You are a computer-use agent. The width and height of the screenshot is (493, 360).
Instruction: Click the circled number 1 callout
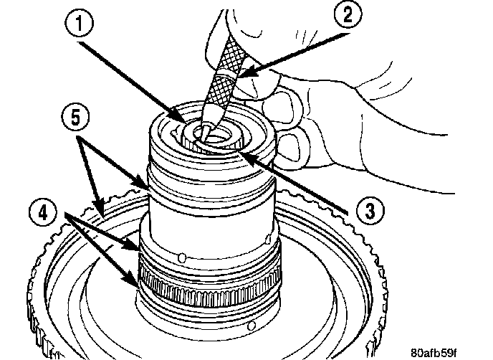pyautogui.click(x=79, y=24)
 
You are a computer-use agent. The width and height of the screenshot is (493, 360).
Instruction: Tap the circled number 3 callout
pyautogui.click(x=370, y=211)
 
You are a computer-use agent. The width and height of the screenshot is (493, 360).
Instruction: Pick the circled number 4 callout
pyautogui.click(x=43, y=213)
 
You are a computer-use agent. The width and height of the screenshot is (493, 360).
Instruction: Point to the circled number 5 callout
pyautogui.click(x=75, y=117)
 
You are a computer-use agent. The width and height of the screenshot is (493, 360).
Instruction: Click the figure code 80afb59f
pyautogui.click(x=434, y=352)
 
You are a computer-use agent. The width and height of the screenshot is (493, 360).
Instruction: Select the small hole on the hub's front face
pyautogui.click(x=181, y=258)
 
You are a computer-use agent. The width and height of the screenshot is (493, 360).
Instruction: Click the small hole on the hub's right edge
pyautogui.click(x=268, y=240)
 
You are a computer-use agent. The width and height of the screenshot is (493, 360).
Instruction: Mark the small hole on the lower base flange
pyautogui.click(x=252, y=326)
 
